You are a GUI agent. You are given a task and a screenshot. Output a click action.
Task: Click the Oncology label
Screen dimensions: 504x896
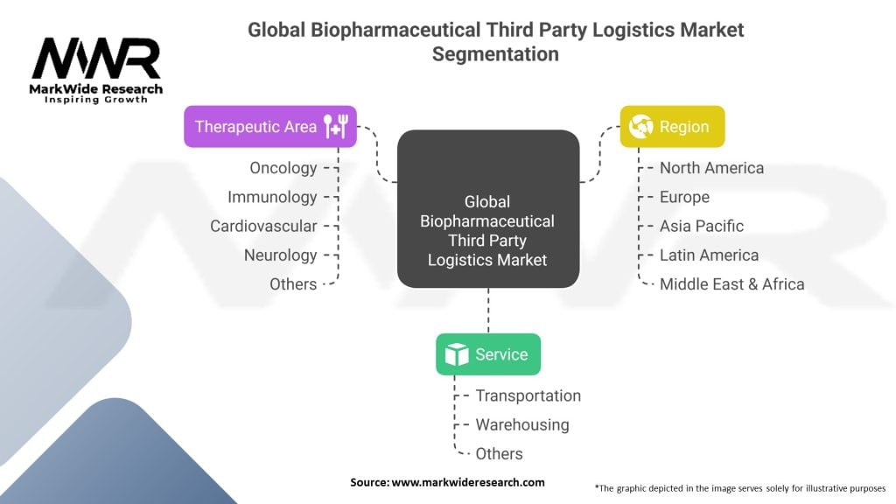(x=283, y=167)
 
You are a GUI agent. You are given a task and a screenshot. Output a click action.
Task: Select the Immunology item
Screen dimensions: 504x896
(x=272, y=197)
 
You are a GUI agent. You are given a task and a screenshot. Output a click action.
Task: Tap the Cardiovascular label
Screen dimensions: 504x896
(x=263, y=226)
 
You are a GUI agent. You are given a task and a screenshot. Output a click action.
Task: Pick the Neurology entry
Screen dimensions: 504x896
(x=280, y=255)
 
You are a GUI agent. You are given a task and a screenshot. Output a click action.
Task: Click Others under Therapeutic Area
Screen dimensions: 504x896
(x=293, y=283)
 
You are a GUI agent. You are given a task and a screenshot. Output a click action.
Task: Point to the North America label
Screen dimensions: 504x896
(x=711, y=167)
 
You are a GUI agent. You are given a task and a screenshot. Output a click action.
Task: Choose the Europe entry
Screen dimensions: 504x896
(x=684, y=197)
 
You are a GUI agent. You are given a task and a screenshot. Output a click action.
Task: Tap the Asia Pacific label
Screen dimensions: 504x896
(x=702, y=226)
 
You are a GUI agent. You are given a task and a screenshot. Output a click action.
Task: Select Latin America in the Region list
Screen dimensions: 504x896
(x=709, y=255)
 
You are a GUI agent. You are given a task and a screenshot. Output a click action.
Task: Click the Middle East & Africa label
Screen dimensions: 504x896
(x=731, y=283)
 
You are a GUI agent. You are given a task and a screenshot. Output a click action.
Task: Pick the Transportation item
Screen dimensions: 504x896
(x=528, y=395)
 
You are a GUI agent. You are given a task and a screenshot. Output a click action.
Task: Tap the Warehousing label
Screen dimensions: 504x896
(x=521, y=424)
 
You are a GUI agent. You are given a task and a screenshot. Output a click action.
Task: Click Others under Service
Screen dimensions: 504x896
(x=499, y=453)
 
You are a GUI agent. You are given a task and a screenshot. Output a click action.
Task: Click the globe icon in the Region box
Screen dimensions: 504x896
(x=641, y=127)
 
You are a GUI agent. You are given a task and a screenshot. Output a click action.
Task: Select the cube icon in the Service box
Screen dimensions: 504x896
(x=457, y=354)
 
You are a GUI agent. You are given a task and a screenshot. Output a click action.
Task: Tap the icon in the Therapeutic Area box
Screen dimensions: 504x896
(x=336, y=127)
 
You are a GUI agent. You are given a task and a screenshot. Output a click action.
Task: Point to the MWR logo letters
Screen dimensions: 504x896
(x=96, y=59)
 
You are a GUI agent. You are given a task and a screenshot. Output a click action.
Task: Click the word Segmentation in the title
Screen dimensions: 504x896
(x=495, y=53)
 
